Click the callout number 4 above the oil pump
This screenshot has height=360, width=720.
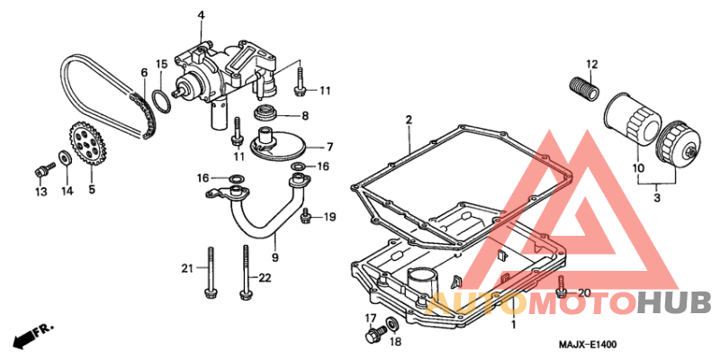point(201,15)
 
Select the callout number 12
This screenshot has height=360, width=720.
point(592,63)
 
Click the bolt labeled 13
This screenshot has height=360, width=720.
point(40,169)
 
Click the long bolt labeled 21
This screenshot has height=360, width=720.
point(210,270)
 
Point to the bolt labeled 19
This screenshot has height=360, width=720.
point(307,216)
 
